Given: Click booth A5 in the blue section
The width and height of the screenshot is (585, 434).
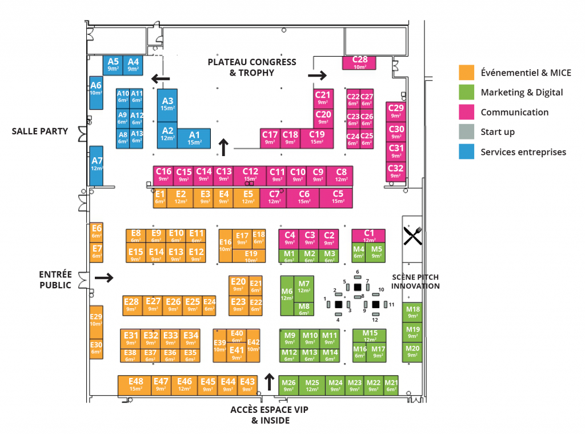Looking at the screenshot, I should [x=113, y=64].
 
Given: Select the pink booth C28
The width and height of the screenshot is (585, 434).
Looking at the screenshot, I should [x=360, y=62].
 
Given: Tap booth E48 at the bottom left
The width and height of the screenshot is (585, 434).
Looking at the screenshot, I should [x=135, y=385].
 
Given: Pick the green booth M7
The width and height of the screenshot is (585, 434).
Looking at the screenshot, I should [x=303, y=287].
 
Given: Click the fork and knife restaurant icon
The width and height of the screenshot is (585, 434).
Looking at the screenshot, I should [x=412, y=235].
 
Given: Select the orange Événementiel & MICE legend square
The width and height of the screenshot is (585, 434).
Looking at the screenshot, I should [x=467, y=73].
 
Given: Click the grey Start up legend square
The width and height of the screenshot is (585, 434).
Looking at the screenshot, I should [x=467, y=132].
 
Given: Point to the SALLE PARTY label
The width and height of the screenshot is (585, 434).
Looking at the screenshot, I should [x=40, y=131].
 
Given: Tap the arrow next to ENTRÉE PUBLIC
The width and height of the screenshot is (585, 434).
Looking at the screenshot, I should [x=104, y=278].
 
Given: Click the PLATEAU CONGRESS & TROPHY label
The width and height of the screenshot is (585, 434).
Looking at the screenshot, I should [x=252, y=67].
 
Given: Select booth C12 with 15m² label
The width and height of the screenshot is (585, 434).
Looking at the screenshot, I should [x=250, y=174].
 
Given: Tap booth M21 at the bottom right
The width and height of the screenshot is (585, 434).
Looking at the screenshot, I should [x=391, y=385].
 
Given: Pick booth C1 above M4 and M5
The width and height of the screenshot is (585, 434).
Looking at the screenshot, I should [x=369, y=236].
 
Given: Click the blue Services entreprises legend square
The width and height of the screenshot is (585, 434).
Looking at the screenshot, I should [x=467, y=152].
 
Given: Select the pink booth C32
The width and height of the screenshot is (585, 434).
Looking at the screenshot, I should [x=395, y=172].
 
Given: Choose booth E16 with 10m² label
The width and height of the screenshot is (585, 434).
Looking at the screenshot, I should [x=226, y=245].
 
